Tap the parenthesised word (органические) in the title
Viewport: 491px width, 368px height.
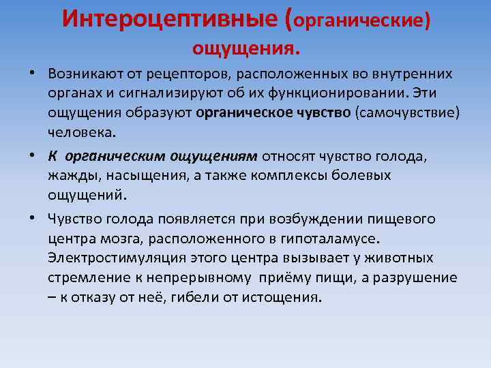[360, 20]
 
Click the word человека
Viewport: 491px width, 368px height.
[83, 131]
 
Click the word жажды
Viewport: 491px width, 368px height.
[71, 175]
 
